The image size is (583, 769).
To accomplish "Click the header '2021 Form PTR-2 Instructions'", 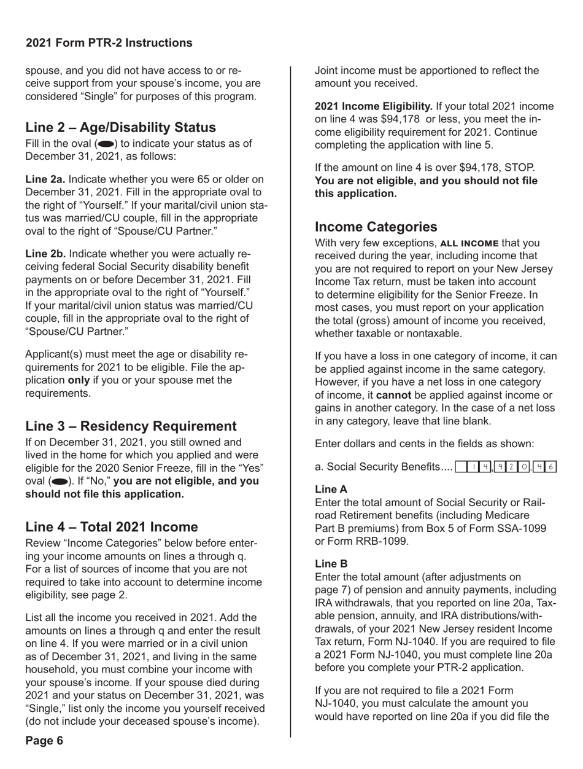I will (x=109, y=43).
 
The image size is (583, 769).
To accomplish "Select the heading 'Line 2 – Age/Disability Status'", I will (x=120, y=128).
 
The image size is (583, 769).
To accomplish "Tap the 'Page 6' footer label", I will (x=44, y=740).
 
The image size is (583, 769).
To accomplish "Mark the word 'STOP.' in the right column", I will (x=522, y=167).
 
